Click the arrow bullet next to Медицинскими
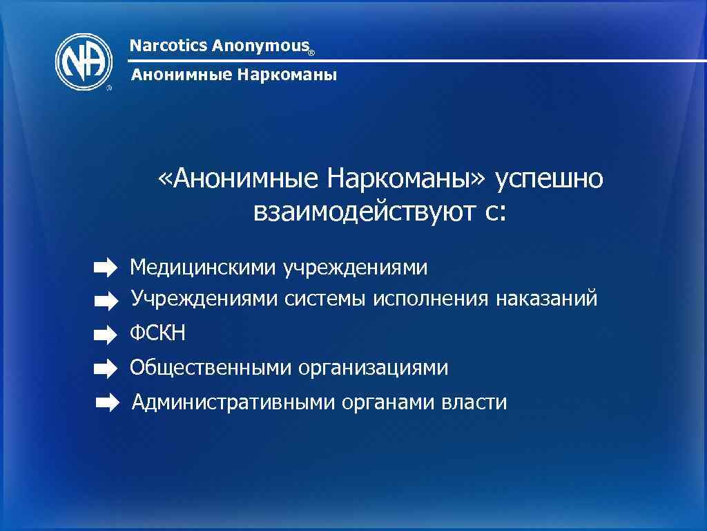tap(106, 267)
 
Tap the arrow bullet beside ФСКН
tap(106, 335)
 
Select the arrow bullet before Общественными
tap(106, 369)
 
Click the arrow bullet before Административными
tap(107, 402)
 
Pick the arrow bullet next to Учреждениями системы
tap(106, 300)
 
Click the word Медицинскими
tap(204, 267)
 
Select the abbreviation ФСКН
tap(158, 335)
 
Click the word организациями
tap(374, 368)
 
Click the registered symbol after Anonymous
tap(311, 52)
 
